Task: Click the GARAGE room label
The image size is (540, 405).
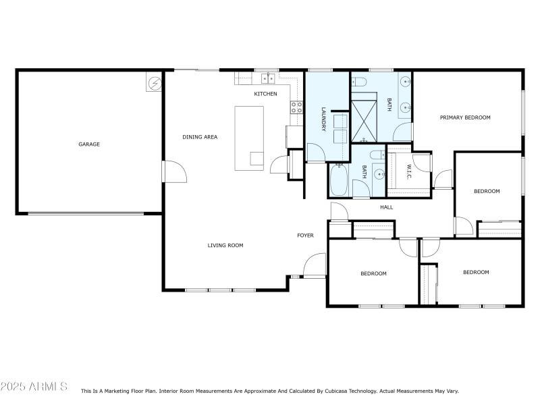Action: (x=89, y=144)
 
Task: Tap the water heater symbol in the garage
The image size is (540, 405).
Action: (x=155, y=83)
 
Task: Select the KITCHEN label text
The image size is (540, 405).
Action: (x=265, y=94)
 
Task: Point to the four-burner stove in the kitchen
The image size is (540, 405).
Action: (x=296, y=107)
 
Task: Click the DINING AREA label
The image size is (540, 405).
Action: (x=200, y=137)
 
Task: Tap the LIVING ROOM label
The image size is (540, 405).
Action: (x=225, y=245)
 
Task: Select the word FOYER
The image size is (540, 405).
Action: (x=306, y=236)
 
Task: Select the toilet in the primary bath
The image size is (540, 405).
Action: (x=360, y=83)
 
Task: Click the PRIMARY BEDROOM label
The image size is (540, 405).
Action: (x=465, y=117)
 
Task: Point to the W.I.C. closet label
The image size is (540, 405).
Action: (x=408, y=171)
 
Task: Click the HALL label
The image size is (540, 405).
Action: (x=386, y=207)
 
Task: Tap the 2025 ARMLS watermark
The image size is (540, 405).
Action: (x=34, y=387)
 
